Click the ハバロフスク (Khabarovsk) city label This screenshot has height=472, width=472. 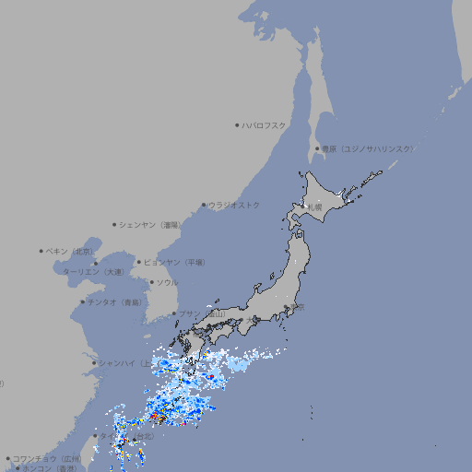pos(265,124)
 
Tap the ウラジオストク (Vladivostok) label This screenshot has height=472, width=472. pos(234,205)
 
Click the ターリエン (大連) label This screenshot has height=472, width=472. pos(93,272)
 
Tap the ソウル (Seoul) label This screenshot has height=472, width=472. pos(167,282)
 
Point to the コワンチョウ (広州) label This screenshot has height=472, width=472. pos(47,458)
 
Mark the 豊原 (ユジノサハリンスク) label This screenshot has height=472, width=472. pos(368,148)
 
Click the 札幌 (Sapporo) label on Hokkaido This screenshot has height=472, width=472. pos(315,206)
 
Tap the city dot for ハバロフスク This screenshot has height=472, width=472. pos(237,124)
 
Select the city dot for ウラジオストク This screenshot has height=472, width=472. pos(204,205)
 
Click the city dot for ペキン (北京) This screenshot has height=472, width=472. pos(41,251)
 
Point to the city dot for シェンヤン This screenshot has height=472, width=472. pos(114,224)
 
